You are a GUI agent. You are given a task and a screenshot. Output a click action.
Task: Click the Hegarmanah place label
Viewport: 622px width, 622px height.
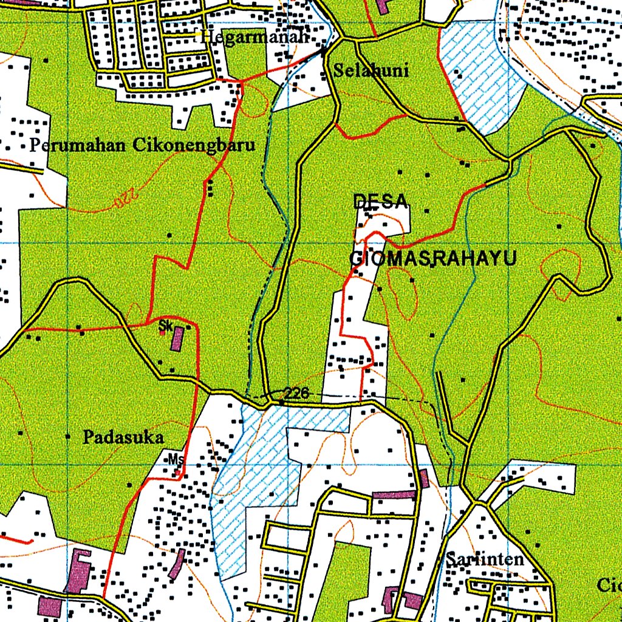click(x=255, y=37)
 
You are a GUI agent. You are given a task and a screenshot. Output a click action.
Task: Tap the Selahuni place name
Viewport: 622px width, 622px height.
click(x=371, y=70)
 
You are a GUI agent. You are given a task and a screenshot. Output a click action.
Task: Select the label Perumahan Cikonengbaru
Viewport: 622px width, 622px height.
click(x=142, y=146)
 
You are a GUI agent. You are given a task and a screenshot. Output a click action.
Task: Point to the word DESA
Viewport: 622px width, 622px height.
click(x=380, y=202)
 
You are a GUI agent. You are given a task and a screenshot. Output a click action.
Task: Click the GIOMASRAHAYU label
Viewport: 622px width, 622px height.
click(x=433, y=259)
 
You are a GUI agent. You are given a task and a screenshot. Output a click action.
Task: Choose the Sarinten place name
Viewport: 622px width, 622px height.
click(x=484, y=559)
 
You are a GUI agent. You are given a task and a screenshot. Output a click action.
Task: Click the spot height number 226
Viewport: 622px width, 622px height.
click(x=296, y=394)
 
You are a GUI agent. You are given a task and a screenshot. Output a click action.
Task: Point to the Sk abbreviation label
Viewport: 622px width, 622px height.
click(x=165, y=326)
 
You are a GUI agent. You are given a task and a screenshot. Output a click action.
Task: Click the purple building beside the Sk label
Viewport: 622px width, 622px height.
click(x=177, y=338)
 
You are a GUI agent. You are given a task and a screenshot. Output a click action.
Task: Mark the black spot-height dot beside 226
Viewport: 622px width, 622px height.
click(x=282, y=402)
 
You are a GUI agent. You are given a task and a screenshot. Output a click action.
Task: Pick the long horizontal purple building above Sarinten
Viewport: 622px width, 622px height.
click(x=394, y=495)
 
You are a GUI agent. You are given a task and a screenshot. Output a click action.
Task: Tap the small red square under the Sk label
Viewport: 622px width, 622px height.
click(x=162, y=333)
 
